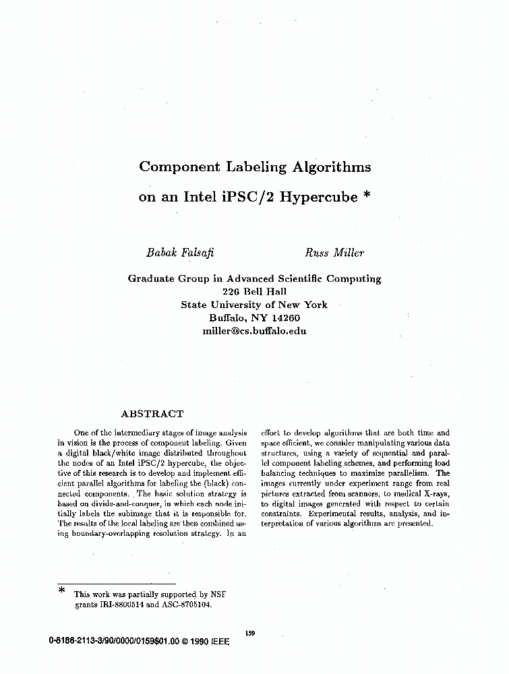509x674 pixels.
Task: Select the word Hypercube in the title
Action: [x=318, y=198]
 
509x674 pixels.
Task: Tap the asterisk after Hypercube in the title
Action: [x=366, y=196]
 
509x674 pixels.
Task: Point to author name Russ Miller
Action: [x=334, y=253]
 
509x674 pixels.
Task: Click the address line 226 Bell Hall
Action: [x=254, y=291]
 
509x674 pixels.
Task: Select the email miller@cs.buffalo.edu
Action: [x=254, y=331]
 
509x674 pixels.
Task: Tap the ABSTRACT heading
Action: [x=152, y=414]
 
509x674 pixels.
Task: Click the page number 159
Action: [x=250, y=632]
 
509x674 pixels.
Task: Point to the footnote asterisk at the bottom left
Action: [x=61, y=591]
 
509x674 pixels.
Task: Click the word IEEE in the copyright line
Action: [x=222, y=642]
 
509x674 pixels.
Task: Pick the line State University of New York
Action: [x=254, y=305]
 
